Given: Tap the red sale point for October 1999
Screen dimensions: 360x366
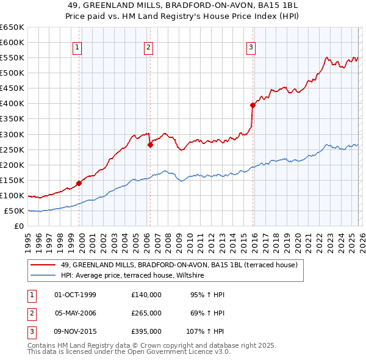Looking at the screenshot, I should point(79,183).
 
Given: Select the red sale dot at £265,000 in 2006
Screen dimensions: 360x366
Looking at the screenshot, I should point(150,145).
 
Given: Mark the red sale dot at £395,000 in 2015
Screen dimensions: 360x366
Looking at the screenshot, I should point(253,105).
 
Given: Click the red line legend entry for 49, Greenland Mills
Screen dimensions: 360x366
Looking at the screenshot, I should point(179,265).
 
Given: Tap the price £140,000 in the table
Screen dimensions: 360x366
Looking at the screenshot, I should point(146,295).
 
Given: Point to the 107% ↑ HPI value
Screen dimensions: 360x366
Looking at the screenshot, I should point(206,331).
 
